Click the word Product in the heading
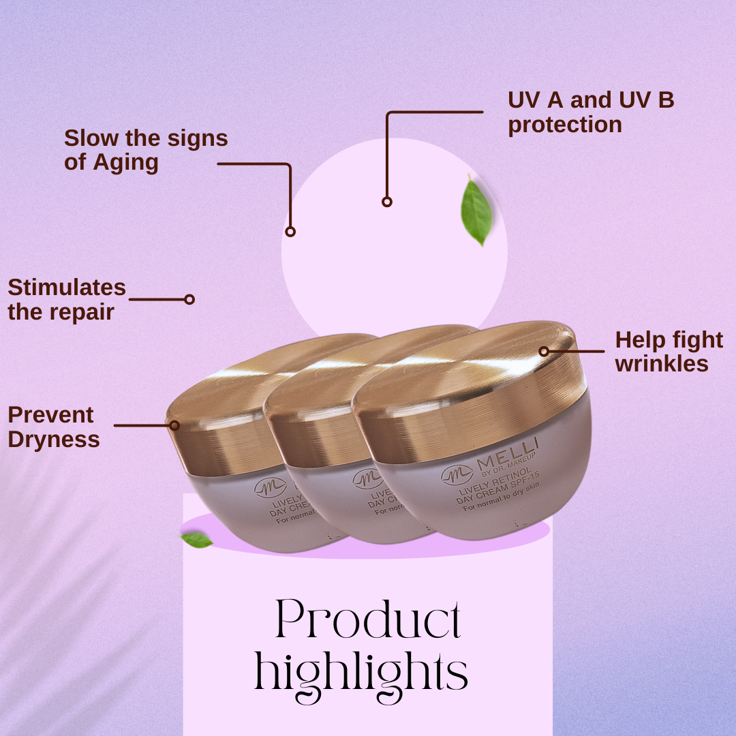tap(369, 621)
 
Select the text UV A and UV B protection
tap(591, 112)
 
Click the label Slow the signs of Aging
tap(146, 150)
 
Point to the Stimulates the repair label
tap(67, 299)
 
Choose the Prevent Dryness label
tap(54, 427)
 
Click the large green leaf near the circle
tap(476, 211)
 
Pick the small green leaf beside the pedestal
tap(197, 540)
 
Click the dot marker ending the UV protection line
tap(387, 202)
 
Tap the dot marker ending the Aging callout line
tap(290, 232)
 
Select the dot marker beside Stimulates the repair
tap(189, 299)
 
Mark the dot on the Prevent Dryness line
tap(174, 425)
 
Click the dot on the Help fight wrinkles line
tap(544, 352)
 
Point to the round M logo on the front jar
tap(456, 475)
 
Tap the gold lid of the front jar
tap(470, 388)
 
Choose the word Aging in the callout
tap(125, 163)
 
